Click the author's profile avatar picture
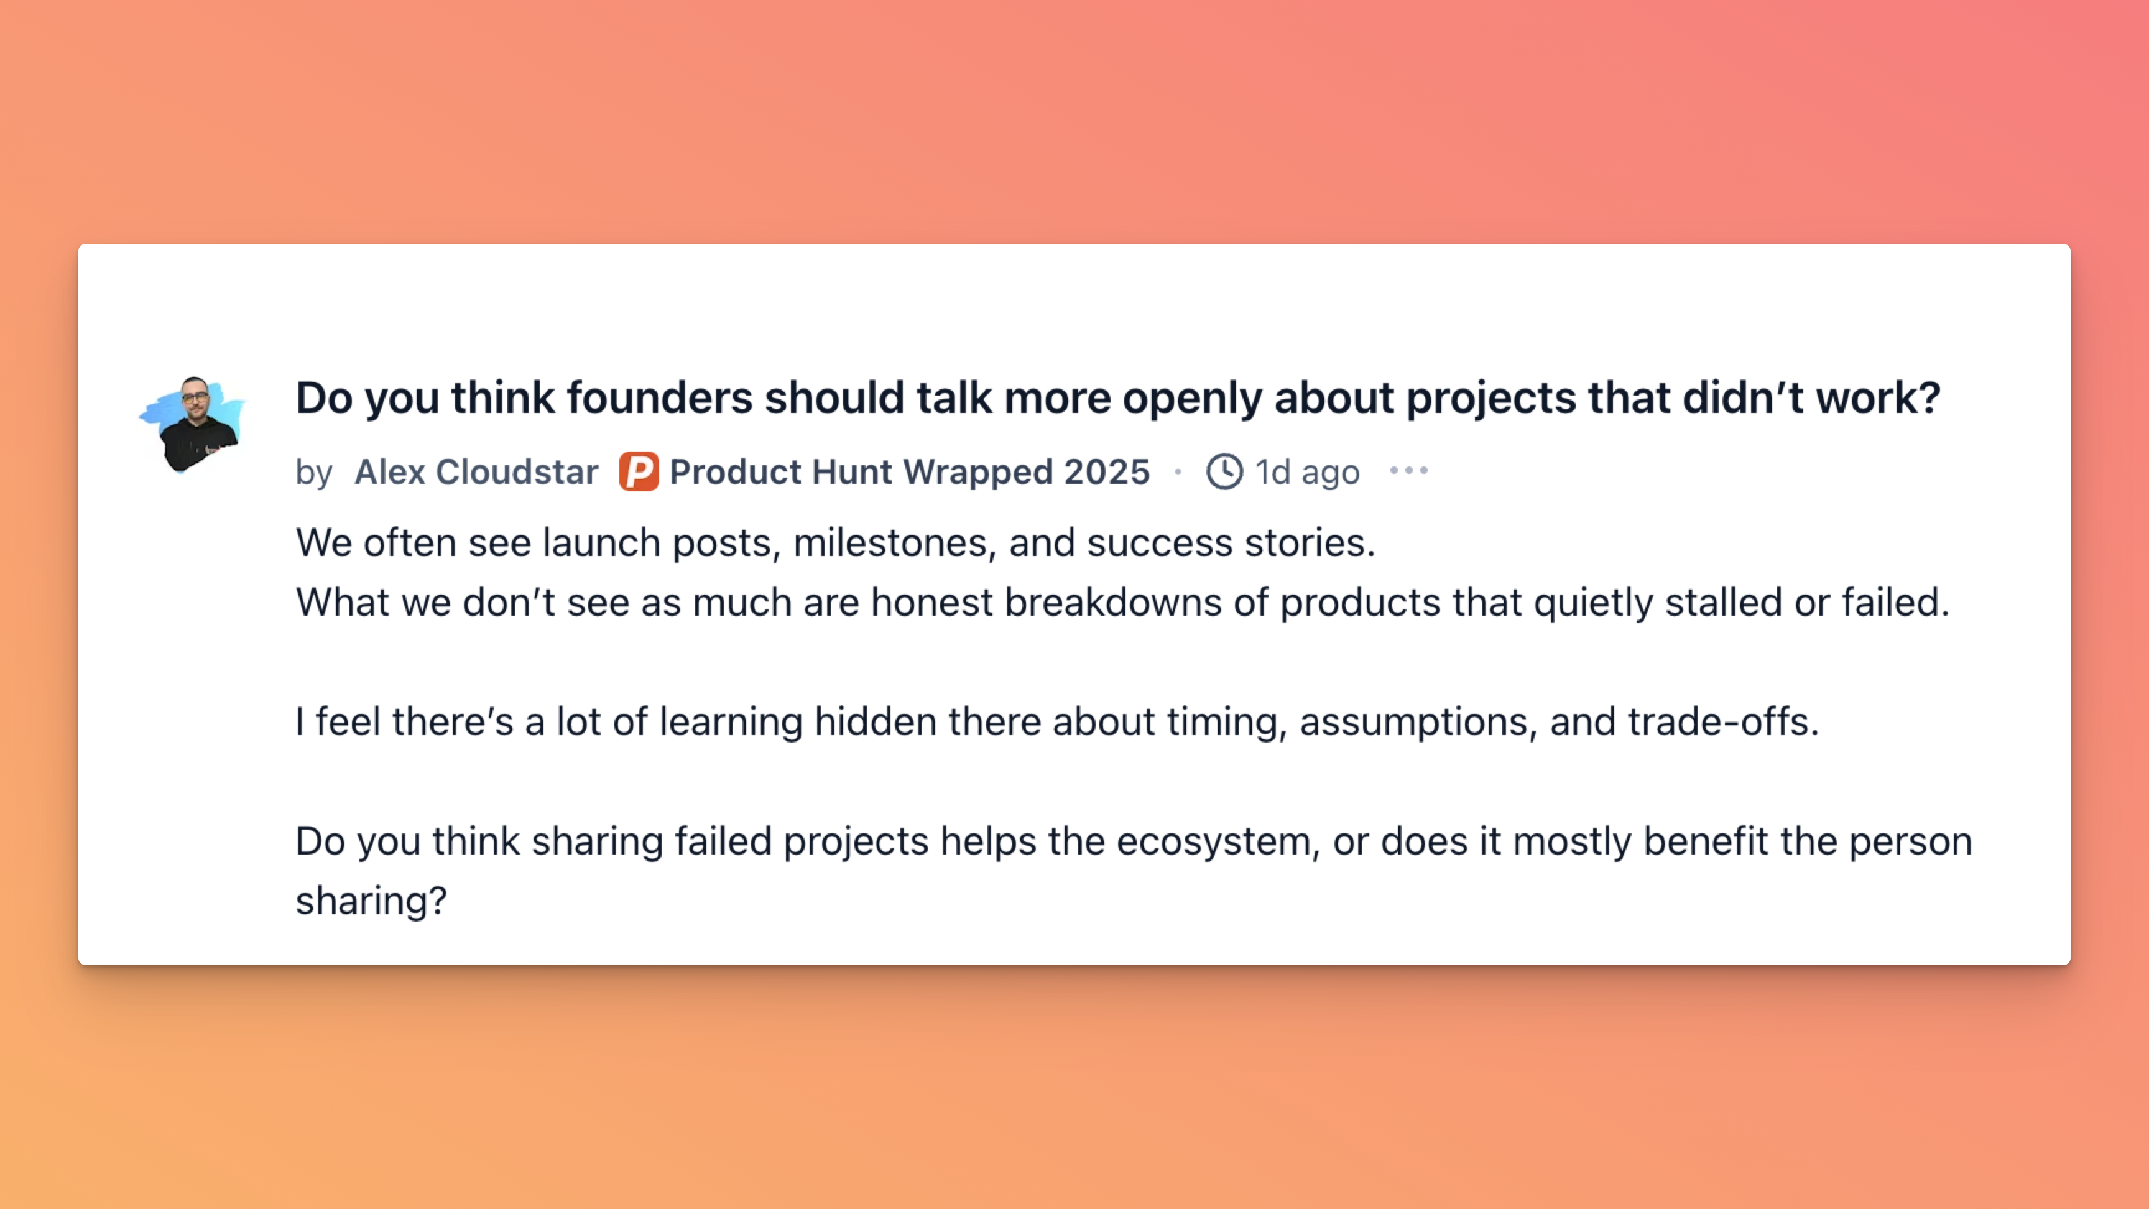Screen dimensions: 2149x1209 pyautogui.click(x=193, y=424)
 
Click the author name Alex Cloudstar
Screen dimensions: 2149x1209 pyautogui.click(x=476, y=471)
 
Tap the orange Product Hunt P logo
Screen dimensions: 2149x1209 pyautogui.click(x=638, y=471)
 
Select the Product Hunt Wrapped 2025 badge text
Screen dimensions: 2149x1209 pyautogui.click(x=909, y=472)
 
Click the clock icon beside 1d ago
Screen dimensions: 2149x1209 pyautogui.click(x=1224, y=471)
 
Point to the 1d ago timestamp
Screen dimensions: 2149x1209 pyautogui.click(x=1307, y=472)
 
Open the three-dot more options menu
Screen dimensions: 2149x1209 pyautogui.click(x=1408, y=471)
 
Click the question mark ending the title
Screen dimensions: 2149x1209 pyautogui.click(x=1929, y=397)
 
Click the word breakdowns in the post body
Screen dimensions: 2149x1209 pyautogui.click(x=1113, y=603)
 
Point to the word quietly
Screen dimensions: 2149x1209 pyautogui.click(x=1593, y=603)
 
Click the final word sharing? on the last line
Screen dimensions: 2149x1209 pyautogui.click(x=371, y=902)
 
